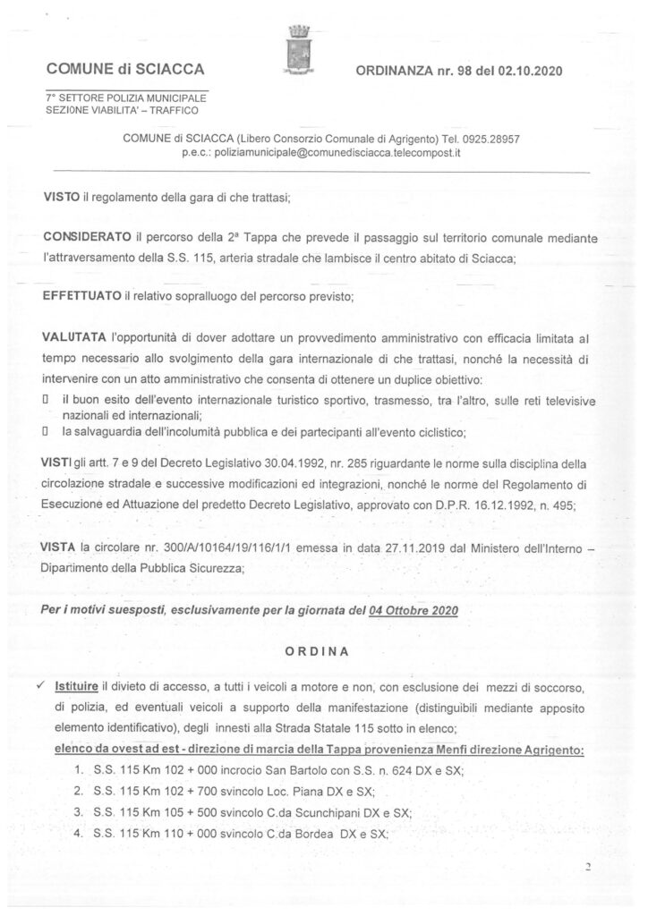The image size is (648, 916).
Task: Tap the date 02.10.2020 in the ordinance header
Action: (x=533, y=70)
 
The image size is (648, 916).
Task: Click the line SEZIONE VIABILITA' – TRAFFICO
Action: (x=124, y=110)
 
